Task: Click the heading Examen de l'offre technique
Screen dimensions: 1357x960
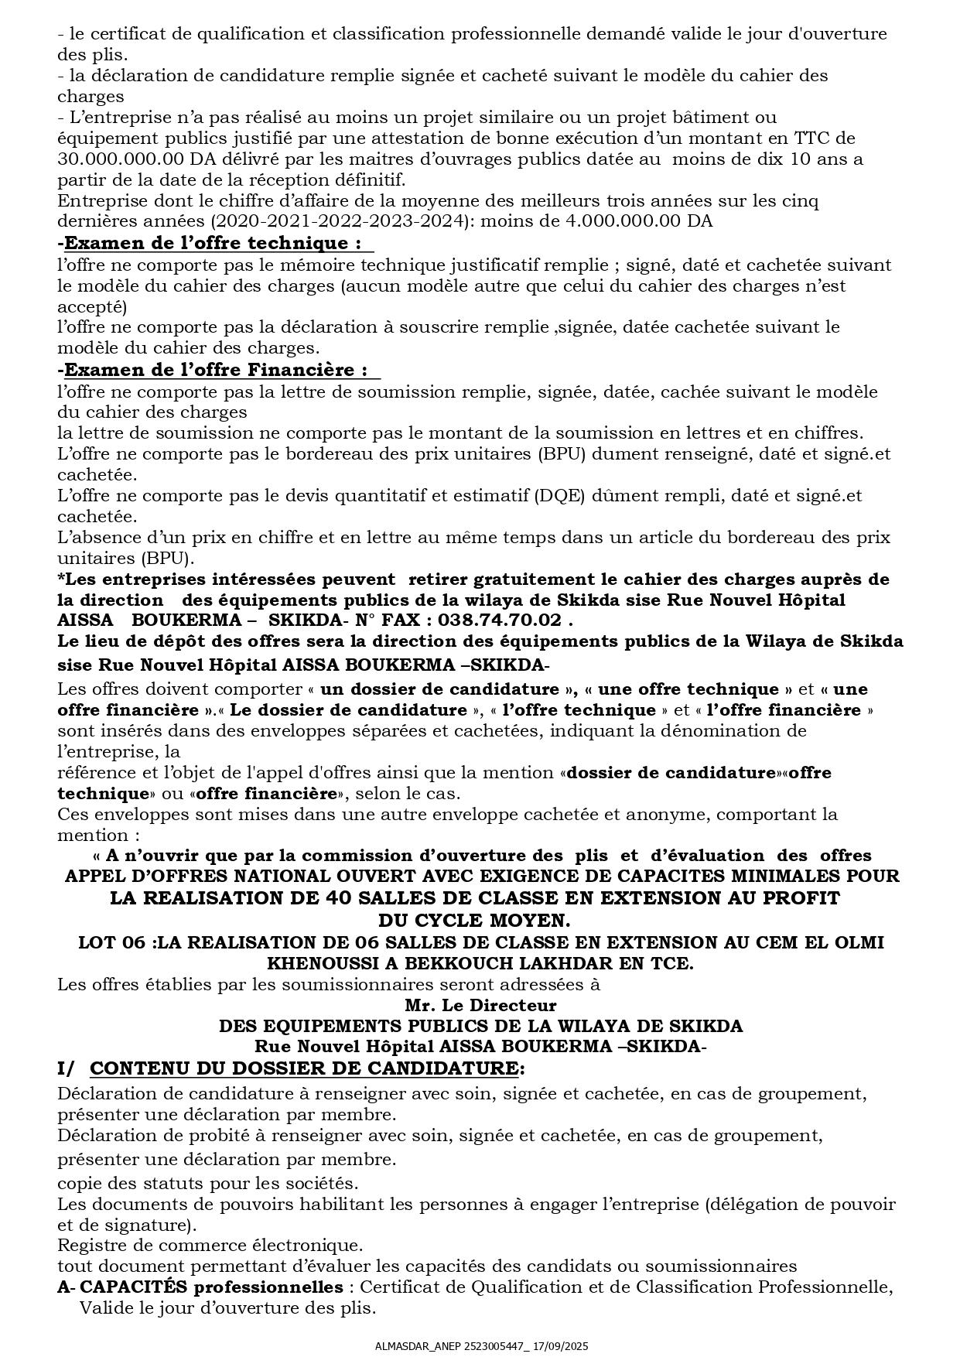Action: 210,243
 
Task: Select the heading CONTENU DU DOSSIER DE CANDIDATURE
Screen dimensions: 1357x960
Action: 304,1068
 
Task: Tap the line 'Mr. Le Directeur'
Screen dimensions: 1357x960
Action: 480,1006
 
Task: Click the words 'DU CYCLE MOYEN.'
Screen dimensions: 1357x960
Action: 474,921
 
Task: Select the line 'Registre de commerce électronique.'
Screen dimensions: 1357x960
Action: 210,1246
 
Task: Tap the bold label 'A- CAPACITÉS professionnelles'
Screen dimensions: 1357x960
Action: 200,1287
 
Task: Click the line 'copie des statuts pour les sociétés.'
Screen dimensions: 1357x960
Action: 208,1183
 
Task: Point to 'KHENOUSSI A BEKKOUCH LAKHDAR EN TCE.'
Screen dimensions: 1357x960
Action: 480,963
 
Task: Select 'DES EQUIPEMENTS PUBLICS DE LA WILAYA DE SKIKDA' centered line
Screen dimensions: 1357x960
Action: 480,1026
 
